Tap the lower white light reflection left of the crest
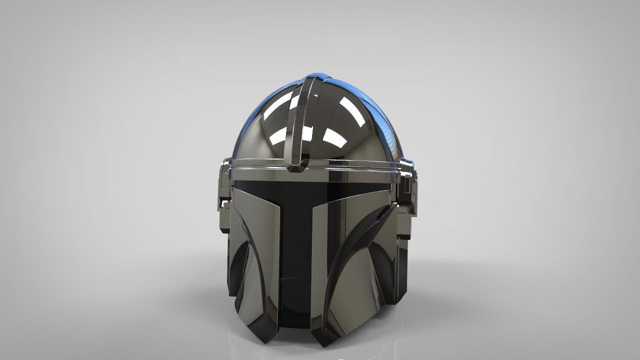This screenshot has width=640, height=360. pyautogui.click(x=279, y=134)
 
